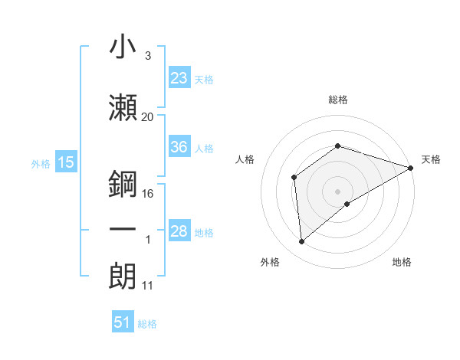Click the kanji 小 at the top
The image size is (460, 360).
pyautogui.click(x=123, y=47)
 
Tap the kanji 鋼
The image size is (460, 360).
pyautogui.click(x=123, y=183)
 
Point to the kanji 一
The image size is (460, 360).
pyautogui.click(x=123, y=230)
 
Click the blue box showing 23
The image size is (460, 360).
pyautogui.click(x=179, y=78)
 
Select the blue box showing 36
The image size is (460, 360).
pyautogui.click(x=179, y=148)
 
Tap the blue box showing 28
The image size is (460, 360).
pyautogui.click(x=179, y=231)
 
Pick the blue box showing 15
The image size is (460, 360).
pyautogui.click(x=65, y=162)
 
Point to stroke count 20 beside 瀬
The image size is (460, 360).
pyautogui.click(x=147, y=117)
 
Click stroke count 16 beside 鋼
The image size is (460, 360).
pyautogui.click(x=149, y=194)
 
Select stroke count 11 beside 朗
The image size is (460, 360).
pyautogui.click(x=147, y=286)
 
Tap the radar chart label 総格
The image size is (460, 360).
pyautogui.click(x=337, y=100)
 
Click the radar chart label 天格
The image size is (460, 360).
pyautogui.click(x=431, y=159)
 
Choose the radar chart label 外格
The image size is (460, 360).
pyautogui.click(x=270, y=262)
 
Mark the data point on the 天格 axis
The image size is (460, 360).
pyautogui.click(x=411, y=168)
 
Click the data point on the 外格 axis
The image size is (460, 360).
pyautogui.click(x=302, y=242)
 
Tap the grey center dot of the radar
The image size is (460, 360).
pyautogui.click(x=337, y=191)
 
